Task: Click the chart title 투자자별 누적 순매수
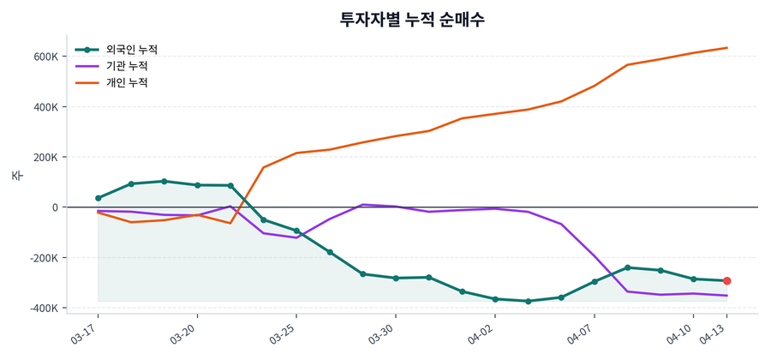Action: (x=412, y=19)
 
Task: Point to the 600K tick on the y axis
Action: (x=46, y=57)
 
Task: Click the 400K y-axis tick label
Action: (x=46, y=107)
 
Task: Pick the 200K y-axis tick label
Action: (x=46, y=158)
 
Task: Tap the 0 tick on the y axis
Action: (x=55, y=207)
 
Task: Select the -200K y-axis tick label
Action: (x=44, y=258)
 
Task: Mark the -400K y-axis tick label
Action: (x=44, y=308)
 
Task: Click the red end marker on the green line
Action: (x=726, y=281)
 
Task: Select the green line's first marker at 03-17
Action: (x=99, y=198)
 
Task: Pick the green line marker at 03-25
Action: (x=296, y=231)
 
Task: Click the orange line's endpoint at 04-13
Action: (x=726, y=48)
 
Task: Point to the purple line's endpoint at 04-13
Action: (x=726, y=296)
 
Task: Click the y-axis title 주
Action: (x=17, y=176)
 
